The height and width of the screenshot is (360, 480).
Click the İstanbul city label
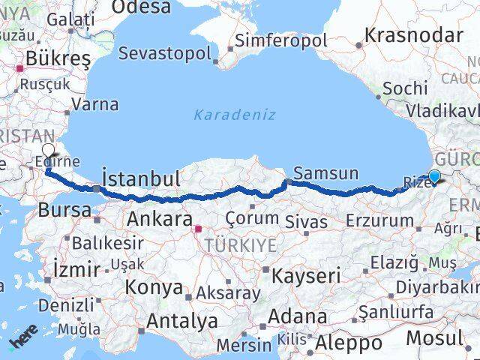[140, 178]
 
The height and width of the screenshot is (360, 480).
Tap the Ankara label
[159, 219]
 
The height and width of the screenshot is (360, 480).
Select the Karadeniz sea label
[235, 115]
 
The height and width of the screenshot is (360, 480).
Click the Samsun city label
[326, 173]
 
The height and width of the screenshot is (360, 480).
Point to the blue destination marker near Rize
[433, 177]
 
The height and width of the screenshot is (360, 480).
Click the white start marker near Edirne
[49, 150]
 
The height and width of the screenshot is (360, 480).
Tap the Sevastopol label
[166, 54]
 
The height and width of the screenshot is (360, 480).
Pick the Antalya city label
[182, 321]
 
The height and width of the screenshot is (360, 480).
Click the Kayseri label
[307, 274]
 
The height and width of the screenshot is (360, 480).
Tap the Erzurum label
[381, 220]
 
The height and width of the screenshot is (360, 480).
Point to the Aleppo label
[349, 343]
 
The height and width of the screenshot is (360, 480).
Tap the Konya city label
[154, 286]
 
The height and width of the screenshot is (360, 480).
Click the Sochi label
[404, 88]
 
